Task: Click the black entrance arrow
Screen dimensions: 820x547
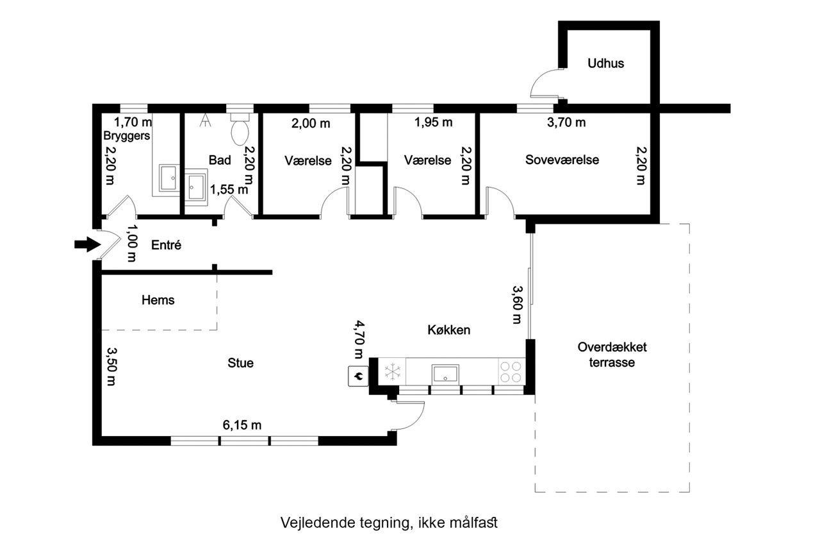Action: point(88,244)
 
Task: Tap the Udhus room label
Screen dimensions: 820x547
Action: point(605,63)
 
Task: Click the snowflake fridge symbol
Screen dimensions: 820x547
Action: point(393,371)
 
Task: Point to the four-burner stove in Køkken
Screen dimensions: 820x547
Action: point(511,371)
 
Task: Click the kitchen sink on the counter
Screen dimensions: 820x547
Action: point(445,373)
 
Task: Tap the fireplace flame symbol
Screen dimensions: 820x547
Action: point(358,376)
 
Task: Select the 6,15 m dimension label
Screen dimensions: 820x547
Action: point(242,425)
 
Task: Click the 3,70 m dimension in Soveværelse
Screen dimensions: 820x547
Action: point(566,122)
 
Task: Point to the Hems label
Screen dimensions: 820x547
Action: point(158,300)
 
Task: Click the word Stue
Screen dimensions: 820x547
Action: point(240,363)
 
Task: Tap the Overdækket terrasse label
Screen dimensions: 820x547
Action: point(612,355)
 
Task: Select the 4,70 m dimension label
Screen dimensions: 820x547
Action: point(359,339)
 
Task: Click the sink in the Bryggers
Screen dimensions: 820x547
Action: point(169,178)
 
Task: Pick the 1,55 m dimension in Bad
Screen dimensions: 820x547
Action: point(229,189)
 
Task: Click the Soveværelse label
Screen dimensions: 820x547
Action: point(562,160)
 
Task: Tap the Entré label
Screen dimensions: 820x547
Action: point(166,245)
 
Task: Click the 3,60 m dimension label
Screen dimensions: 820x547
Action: point(517,305)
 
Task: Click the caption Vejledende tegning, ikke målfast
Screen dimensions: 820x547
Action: point(389,523)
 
